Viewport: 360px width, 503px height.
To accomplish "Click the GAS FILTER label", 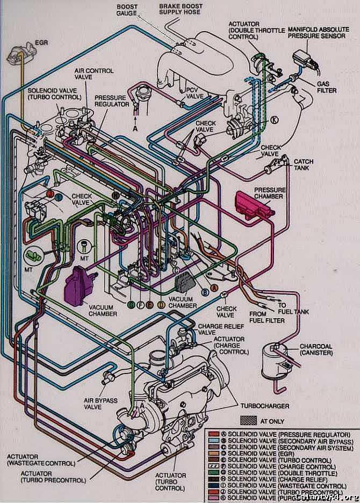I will point(327,88).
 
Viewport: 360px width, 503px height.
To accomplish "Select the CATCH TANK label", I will point(304,164).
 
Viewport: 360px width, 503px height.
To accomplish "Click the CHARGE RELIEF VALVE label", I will point(214,329).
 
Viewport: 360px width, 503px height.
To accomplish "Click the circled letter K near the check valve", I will point(275,120).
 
